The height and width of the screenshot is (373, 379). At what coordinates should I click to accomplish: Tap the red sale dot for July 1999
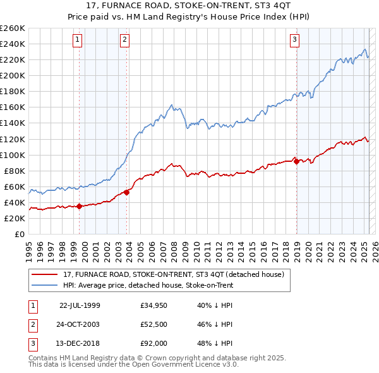click(79, 206)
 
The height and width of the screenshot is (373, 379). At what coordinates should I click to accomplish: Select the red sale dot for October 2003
click(127, 192)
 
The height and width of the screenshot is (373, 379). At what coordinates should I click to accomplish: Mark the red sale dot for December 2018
click(297, 161)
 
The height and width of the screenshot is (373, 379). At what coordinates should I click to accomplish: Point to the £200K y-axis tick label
click(12, 75)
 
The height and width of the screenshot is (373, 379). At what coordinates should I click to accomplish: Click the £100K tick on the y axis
click(12, 155)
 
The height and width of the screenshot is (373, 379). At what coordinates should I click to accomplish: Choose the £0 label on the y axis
click(19, 234)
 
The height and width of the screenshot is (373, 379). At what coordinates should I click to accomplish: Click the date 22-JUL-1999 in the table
click(80, 305)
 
